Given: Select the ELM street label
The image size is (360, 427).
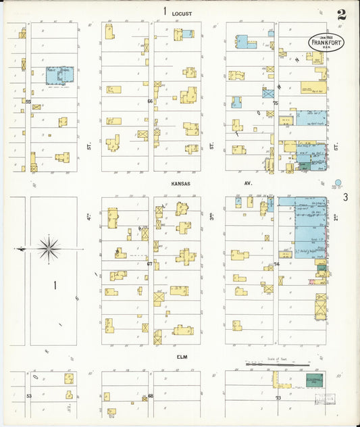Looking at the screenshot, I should click(180, 356).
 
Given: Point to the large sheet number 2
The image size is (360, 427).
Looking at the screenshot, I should click(342, 14).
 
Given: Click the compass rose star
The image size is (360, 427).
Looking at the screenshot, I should click(49, 249).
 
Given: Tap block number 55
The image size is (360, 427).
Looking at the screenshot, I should click(28, 101).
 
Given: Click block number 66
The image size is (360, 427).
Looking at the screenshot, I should click(150, 101).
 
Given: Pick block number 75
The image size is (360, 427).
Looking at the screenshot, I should click(276, 103).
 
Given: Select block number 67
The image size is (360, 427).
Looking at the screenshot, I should click(150, 264).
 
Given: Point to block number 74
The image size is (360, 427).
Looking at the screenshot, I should click(276, 264).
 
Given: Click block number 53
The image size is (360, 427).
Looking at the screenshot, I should click(29, 396).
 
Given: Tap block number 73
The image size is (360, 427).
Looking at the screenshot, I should click(278, 398).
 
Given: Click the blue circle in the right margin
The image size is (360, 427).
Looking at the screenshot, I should click(339, 182).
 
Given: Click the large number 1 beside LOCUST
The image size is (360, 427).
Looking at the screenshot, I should click(164, 11).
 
